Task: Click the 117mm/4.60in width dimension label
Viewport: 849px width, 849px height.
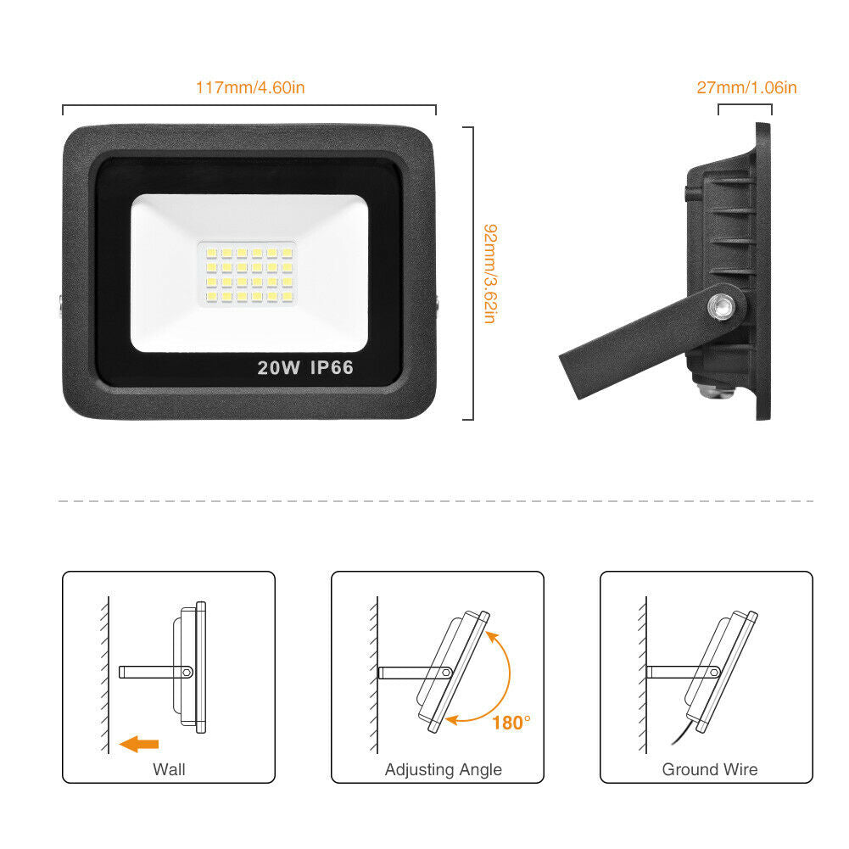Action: [250, 87]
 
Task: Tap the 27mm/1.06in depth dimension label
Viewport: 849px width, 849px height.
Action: [746, 87]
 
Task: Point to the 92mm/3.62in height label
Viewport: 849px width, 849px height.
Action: [489, 273]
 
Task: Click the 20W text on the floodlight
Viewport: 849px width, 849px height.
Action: [278, 367]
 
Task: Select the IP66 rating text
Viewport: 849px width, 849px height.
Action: [332, 367]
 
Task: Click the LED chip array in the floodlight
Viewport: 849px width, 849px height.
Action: [249, 275]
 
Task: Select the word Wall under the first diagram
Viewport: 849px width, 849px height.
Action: [169, 769]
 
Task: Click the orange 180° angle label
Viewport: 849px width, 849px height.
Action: [511, 723]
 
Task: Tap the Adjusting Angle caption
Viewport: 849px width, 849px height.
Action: [444, 769]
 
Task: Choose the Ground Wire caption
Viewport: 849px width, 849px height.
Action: [710, 769]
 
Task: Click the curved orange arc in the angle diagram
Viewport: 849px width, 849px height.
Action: [509, 674]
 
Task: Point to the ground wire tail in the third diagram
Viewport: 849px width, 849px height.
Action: [684, 733]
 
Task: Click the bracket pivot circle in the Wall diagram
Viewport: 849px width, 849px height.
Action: [187, 673]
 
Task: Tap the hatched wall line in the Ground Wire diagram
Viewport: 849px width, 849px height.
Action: [643, 674]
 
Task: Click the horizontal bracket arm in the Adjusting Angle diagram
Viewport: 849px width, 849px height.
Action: [415, 673]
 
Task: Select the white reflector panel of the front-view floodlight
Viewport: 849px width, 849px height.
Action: [249, 273]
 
